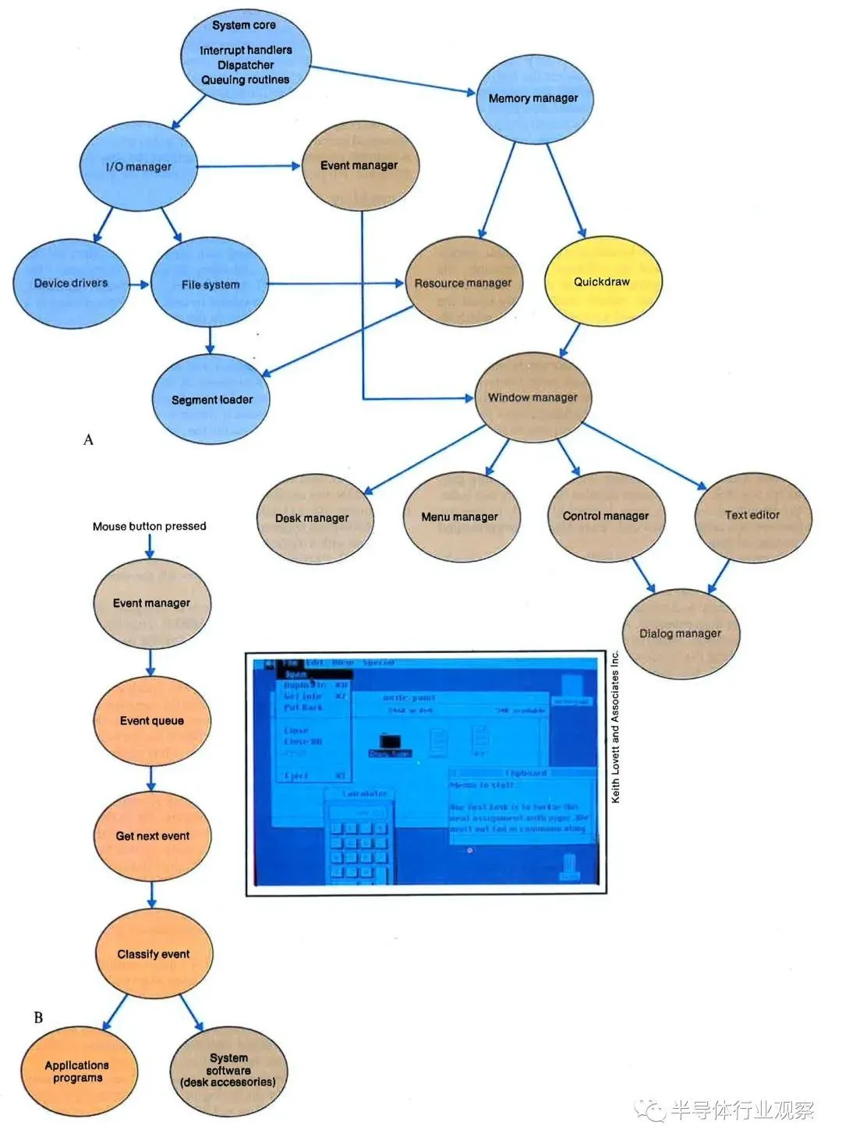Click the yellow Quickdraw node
(602, 282)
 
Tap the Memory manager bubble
(533, 98)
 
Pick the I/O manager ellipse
(139, 166)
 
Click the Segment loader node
(211, 400)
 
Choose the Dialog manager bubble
(681, 633)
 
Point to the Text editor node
(752, 515)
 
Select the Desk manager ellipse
(313, 517)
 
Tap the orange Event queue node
(152, 721)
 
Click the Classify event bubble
(154, 954)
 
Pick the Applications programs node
(78, 1071)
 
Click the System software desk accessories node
(228, 1071)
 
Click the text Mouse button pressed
(149, 527)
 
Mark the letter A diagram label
(88, 439)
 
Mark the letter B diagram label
(38, 1018)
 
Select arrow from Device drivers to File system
(139, 284)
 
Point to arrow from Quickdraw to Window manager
(571, 340)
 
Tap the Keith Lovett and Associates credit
(615, 726)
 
